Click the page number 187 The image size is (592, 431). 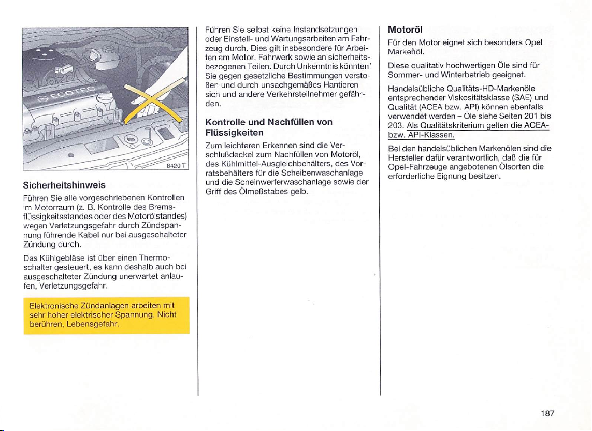click(x=547, y=413)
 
